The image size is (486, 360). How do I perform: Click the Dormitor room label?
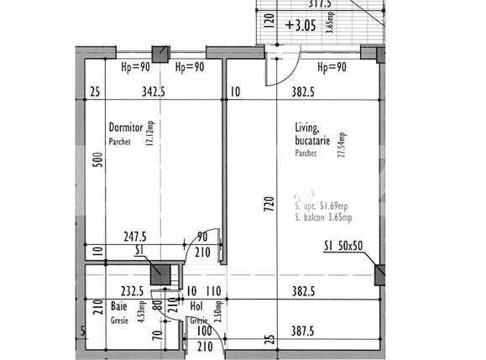click(x=126, y=128)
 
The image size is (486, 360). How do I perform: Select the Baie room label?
click(x=119, y=307)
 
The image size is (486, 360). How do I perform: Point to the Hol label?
click(x=197, y=307)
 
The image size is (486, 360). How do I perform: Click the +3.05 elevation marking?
click(x=300, y=25)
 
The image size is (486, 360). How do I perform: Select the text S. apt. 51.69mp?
click(x=323, y=205)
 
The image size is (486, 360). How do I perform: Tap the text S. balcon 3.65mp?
click(x=323, y=217)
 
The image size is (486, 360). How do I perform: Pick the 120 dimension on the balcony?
click(x=269, y=20)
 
